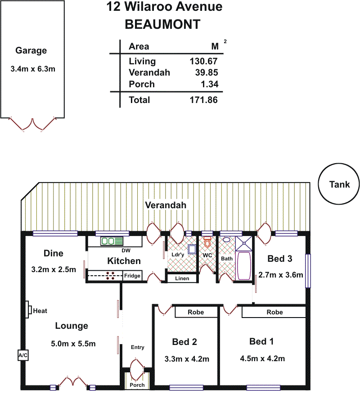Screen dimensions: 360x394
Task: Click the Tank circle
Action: (x=318, y=184)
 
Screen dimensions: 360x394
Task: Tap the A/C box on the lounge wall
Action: (x=23, y=355)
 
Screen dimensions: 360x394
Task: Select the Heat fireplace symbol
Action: (x=29, y=309)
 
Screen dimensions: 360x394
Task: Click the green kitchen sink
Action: (x=112, y=241)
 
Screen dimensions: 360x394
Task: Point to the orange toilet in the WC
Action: (x=207, y=242)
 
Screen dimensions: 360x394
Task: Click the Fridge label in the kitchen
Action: (x=132, y=276)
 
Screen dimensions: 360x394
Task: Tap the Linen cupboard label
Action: (x=182, y=278)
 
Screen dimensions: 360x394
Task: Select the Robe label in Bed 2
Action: (x=196, y=312)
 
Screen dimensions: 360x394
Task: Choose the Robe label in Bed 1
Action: (x=275, y=312)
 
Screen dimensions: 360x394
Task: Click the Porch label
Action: (x=137, y=385)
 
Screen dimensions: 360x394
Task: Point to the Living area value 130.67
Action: (x=204, y=61)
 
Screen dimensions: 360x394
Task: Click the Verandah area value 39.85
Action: (x=207, y=72)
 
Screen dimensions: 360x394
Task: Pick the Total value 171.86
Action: (x=204, y=100)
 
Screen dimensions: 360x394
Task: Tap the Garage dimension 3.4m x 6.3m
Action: (x=33, y=69)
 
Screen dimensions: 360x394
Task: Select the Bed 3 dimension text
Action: (x=281, y=275)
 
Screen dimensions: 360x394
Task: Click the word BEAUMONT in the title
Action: (x=162, y=24)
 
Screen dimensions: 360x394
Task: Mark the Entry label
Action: (x=138, y=347)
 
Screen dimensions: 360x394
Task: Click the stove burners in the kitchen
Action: (x=110, y=276)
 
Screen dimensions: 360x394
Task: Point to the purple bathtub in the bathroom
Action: (x=244, y=266)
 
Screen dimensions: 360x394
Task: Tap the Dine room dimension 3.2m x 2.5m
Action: (x=54, y=269)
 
